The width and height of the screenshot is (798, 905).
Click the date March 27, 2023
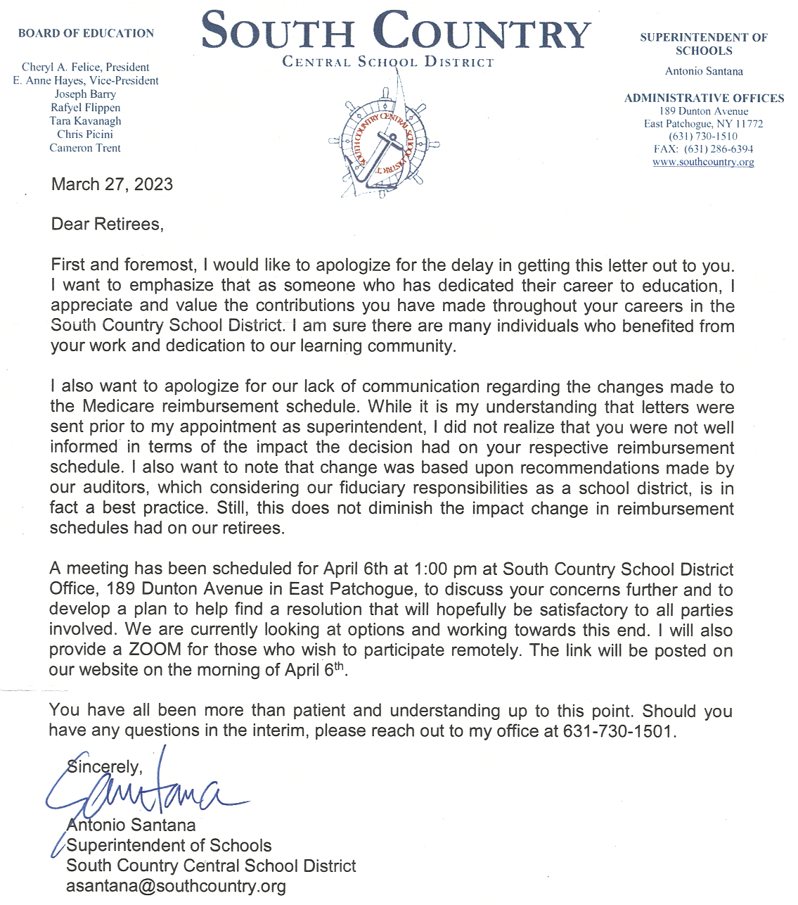112,184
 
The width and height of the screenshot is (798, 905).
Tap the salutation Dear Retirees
107,224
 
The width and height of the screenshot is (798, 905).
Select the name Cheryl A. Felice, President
85,67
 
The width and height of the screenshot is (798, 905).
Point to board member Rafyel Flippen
85,108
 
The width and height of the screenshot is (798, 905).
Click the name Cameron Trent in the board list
85,148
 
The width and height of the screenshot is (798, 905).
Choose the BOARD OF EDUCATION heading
86,33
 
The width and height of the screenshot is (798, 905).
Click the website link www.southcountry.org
703,162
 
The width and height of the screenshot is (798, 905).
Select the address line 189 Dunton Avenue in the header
703,111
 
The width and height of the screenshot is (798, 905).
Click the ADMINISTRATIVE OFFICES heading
704,99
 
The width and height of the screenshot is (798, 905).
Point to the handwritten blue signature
141,792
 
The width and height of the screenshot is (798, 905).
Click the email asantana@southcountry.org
176,886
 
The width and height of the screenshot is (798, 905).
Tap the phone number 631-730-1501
618,731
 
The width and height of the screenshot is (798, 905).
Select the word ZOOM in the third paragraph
155,650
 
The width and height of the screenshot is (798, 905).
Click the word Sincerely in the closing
105,767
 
